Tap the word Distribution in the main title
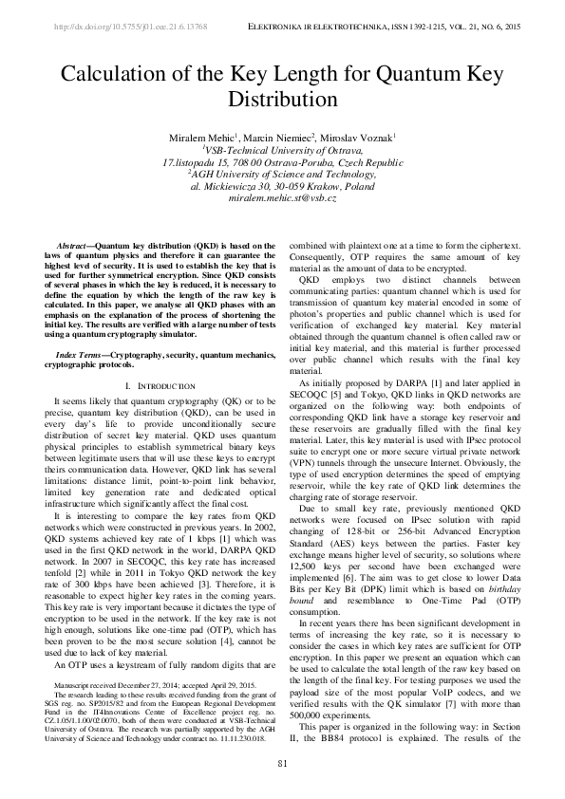click(282, 98)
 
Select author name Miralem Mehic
click(198, 139)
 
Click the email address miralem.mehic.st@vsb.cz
click(282, 197)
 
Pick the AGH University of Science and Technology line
click(282, 175)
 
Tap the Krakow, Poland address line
click(282, 186)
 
